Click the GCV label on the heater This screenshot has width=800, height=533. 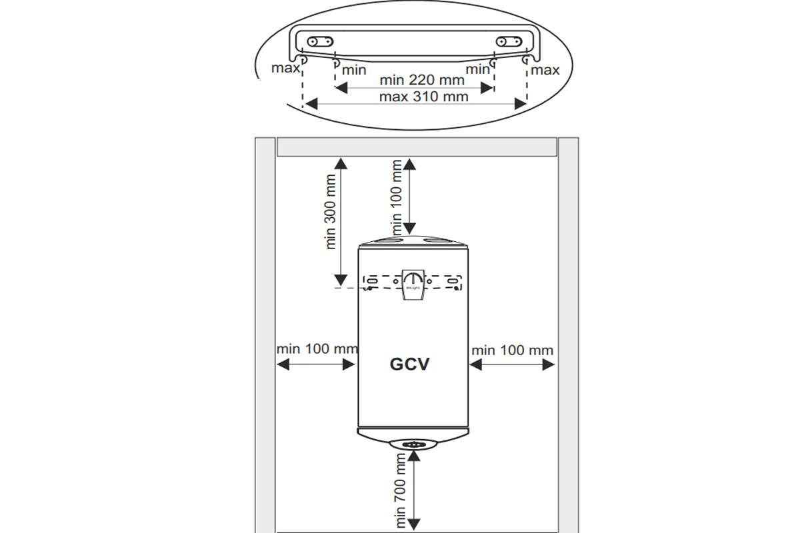coord(409,364)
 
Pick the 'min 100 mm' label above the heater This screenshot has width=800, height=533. coord(398,197)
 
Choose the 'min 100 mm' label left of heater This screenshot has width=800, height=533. coord(317,349)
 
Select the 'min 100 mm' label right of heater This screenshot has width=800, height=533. coord(512,350)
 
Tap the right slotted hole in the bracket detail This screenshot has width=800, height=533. coord(510,41)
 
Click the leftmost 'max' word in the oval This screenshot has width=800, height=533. coord(285,68)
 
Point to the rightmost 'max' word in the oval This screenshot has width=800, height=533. coord(545,70)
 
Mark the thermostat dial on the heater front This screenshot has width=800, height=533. coord(413,279)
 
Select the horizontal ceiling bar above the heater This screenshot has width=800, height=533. coord(417,147)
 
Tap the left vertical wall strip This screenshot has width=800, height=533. coord(265,333)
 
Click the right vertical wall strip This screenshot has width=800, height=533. coord(568,333)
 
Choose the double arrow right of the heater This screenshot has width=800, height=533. coord(512,364)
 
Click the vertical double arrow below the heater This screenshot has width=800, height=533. coord(415,490)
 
